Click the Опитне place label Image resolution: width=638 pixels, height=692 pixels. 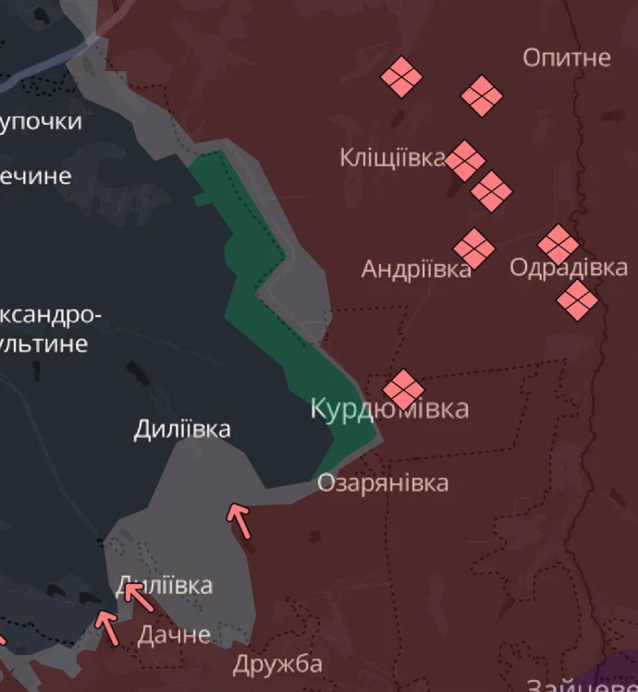[566, 57]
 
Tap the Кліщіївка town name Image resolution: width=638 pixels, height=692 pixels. [392, 158]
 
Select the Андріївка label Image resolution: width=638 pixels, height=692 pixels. [415, 269]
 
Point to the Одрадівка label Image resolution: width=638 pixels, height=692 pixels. [568, 268]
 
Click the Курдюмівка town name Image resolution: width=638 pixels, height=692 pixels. [389, 408]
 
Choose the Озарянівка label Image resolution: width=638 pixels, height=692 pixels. [383, 482]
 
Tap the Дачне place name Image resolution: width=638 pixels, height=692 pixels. [174, 635]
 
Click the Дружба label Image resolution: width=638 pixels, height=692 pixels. [277, 664]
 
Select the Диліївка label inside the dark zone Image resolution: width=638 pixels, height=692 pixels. [182, 430]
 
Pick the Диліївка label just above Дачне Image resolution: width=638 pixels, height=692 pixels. [165, 585]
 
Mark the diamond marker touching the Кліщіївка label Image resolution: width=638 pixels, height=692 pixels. [465, 161]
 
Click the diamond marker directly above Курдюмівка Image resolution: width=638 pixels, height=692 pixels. [403, 389]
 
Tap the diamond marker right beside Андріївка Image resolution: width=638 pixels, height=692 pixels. [473, 248]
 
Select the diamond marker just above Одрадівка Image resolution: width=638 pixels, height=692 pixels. [558, 244]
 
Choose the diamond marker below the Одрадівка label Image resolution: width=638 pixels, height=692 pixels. [578, 300]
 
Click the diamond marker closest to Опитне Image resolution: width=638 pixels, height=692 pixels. [482, 95]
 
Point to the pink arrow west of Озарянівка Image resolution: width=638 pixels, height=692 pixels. [239, 520]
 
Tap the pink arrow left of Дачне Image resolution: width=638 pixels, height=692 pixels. [108, 627]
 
